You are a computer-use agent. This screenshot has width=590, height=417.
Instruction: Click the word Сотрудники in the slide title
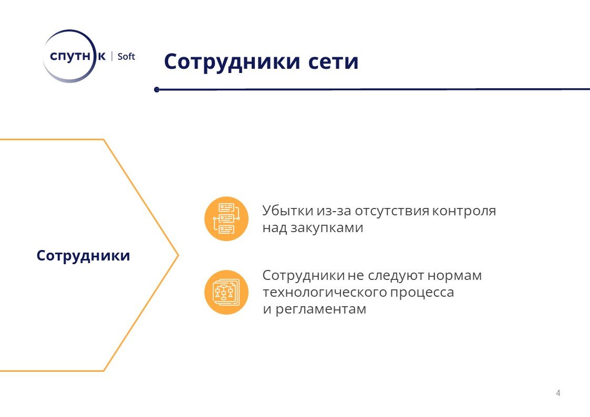[232, 62]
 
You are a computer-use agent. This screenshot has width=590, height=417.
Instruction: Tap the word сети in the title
[334, 62]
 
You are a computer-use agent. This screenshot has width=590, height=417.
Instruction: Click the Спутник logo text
[78, 56]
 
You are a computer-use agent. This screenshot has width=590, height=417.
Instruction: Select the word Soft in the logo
[126, 56]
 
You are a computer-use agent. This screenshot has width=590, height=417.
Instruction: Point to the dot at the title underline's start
[157, 89]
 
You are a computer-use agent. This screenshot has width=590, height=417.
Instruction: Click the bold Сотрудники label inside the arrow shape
[83, 256]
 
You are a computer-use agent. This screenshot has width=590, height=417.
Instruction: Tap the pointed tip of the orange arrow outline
[178, 255]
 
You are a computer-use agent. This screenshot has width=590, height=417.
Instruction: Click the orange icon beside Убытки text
[226, 219]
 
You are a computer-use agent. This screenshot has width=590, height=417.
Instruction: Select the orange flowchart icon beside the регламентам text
[226, 292]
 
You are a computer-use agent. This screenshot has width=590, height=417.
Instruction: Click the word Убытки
[288, 211]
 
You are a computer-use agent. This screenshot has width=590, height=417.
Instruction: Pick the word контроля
[463, 211]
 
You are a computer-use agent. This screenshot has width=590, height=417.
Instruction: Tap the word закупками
[327, 228]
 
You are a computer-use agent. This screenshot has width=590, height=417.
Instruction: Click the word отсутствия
[392, 211]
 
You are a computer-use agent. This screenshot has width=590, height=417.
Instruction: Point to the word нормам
[454, 276]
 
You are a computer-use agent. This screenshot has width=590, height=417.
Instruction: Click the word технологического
[324, 292]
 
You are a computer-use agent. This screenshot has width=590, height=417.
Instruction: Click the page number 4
[558, 393]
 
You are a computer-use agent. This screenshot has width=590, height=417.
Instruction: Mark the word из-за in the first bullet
[334, 211]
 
